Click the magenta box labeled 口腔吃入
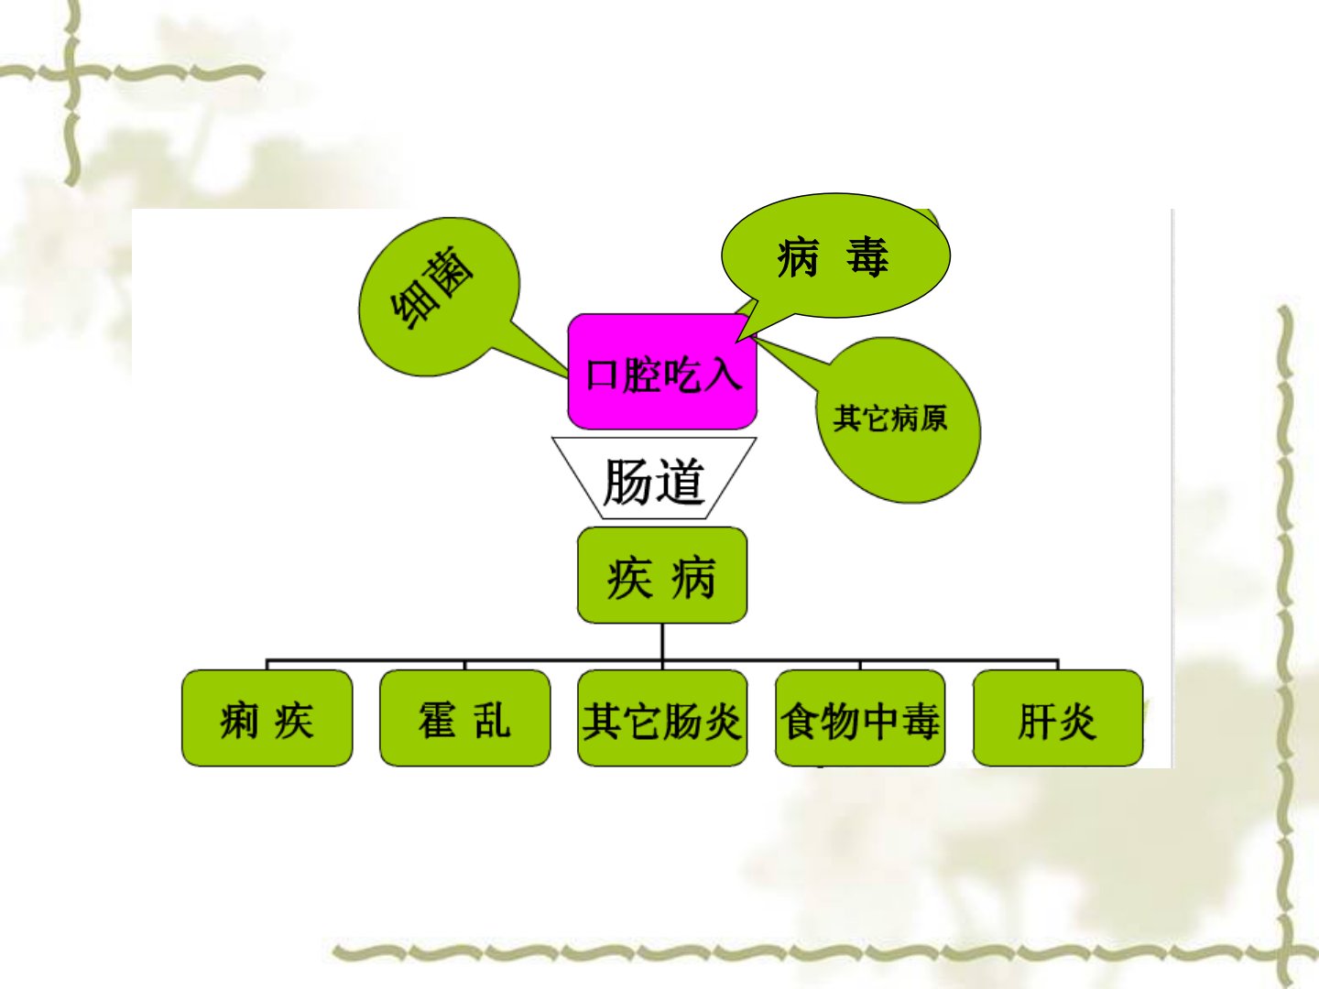(661, 372)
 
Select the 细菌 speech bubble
(439, 297)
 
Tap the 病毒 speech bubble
(835, 255)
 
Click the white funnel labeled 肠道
(654, 478)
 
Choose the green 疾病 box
(661, 575)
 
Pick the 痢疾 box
(267, 718)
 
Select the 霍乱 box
(464, 718)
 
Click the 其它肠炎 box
(662, 718)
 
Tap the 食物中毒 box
(860, 718)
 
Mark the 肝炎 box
(1058, 718)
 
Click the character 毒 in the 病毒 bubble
(867, 257)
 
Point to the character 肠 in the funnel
(627, 481)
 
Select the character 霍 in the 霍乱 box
(437, 720)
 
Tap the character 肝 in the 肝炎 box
(1037, 722)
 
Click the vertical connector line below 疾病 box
(661, 642)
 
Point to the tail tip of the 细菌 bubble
(568, 377)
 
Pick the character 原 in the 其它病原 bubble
(933, 418)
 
